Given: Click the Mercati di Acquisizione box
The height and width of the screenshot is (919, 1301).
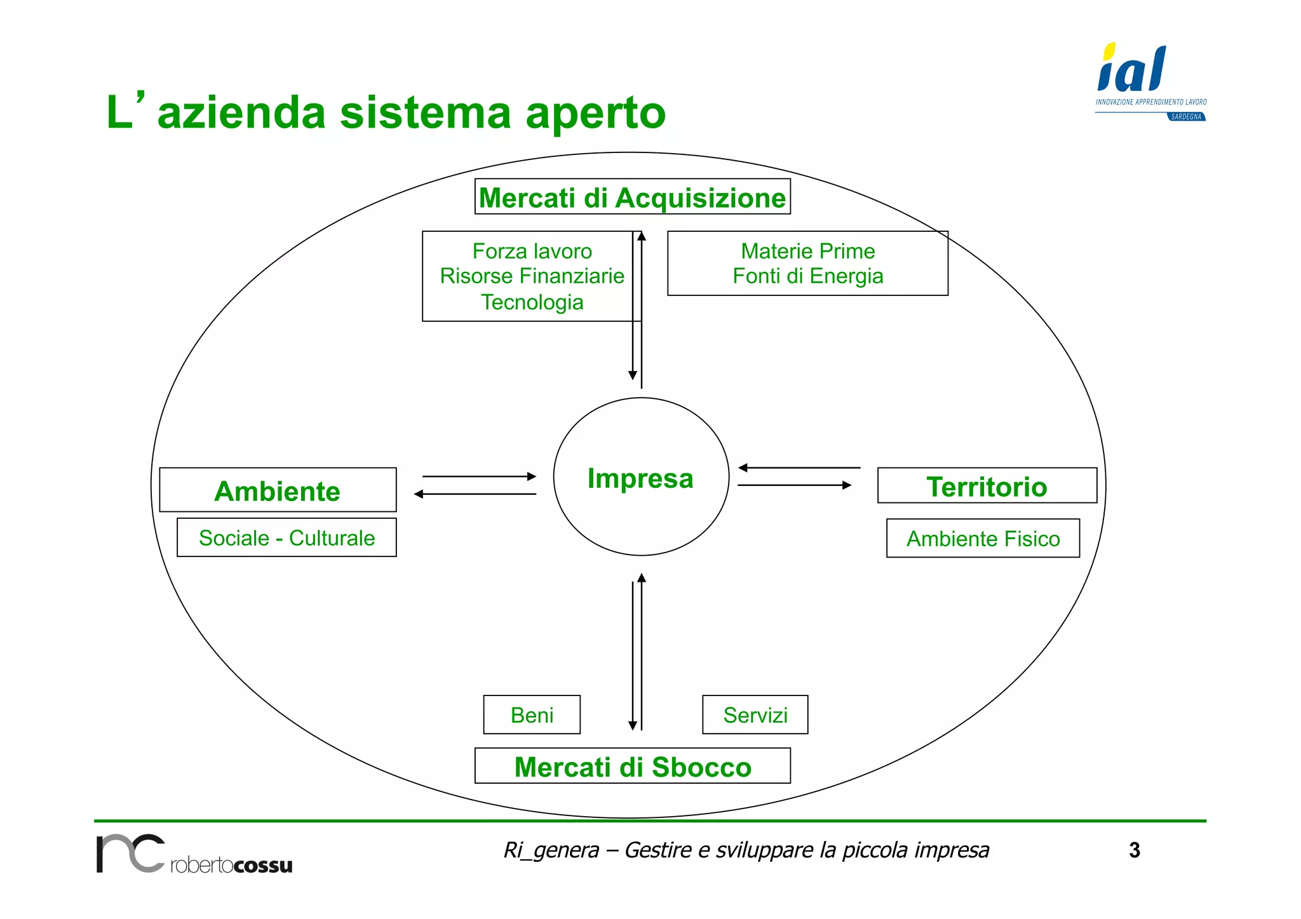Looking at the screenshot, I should (632, 198).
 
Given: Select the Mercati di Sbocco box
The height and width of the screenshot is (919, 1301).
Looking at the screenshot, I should (632, 767).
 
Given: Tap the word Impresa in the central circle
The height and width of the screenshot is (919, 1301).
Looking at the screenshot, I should (640, 478).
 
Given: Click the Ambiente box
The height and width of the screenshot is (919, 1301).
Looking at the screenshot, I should (278, 490).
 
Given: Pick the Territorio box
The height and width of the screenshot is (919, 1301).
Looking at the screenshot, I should (987, 486).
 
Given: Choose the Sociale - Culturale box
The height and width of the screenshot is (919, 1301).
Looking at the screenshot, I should (286, 538).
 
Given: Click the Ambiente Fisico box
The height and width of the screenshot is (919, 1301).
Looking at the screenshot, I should (983, 539).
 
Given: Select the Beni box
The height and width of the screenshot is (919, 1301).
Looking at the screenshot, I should (532, 715).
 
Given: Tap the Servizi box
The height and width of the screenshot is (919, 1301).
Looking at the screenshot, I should (755, 715).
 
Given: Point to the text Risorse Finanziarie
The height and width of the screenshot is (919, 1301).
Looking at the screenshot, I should (532, 276).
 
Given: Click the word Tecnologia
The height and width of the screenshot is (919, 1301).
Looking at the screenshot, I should (532, 302).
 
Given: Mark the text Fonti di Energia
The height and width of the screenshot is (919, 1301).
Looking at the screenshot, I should (807, 276).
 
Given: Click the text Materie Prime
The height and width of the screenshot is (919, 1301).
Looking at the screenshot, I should (807, 251).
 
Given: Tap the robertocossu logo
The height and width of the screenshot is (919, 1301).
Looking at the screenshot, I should (194, 855).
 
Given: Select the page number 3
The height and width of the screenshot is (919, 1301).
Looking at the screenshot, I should (1135, 850).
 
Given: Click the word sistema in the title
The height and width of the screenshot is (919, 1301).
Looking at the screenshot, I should (425, 113).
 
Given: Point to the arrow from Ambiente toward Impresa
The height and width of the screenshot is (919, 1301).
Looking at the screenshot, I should (480, 476).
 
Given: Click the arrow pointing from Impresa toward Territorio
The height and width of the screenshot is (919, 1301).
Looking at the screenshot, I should (794, 485).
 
